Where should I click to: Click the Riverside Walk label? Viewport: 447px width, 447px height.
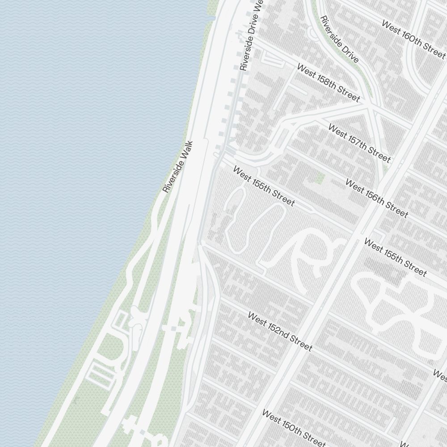coord(178,167)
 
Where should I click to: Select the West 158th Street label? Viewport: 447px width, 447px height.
coord(328,83)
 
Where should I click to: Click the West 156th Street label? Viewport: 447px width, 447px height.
coord(377,199)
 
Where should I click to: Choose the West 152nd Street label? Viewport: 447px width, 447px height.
coord(279,332)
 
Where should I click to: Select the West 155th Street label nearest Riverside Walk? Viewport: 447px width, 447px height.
coord(264,187)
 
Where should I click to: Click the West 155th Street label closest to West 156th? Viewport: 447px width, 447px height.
coord(395,257)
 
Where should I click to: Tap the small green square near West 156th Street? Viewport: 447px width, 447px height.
coord(319,178)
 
